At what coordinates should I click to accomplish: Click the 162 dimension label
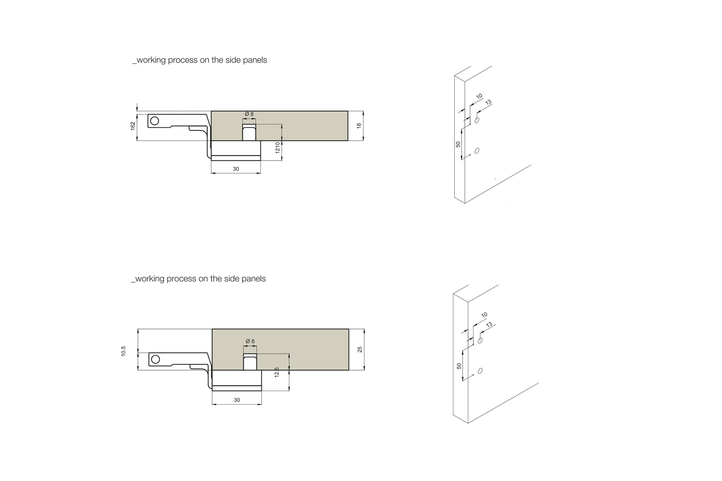tap(132, 126)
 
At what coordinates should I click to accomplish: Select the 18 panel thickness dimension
tap(359, 126)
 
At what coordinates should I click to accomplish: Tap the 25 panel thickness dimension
tap(360, 349)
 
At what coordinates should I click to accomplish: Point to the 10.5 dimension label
tap(124, 351)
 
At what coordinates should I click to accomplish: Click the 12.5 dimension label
tap(277, 372)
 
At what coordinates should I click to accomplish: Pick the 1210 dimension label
tap(278, 148)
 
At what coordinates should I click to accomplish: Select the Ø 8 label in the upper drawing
tap(249, 114)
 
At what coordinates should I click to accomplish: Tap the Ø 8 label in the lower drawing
tap(250, 341)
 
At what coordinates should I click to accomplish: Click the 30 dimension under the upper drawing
tap(236, 169)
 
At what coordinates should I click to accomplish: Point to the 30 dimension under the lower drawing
tap(237, 400)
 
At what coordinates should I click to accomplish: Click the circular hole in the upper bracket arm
tap(155, 121)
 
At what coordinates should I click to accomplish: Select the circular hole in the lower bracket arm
tap(156, 359)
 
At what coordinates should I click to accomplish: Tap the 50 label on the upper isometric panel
tap(458, 144)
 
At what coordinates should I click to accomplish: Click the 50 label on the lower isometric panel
tap(459, 366)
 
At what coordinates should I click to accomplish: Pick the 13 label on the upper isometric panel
tap(488, 102)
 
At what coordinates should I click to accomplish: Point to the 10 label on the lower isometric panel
tap(484, 315)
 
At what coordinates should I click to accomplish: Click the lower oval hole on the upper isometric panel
tap(477, 151)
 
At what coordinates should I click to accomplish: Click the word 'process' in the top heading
tap(183, 60)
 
